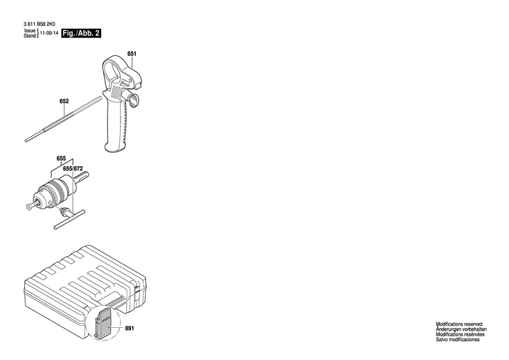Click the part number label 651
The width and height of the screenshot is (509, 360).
coord(132,54)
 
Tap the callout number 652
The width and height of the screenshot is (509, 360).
coord(64,101)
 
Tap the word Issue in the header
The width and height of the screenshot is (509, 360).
coord(29,31)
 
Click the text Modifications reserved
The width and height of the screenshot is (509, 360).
coord(459,324)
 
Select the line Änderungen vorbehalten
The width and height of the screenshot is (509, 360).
coord(461,329)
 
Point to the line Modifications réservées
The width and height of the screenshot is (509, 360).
coord(459,334)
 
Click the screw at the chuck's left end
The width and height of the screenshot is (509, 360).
coord(29,204)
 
